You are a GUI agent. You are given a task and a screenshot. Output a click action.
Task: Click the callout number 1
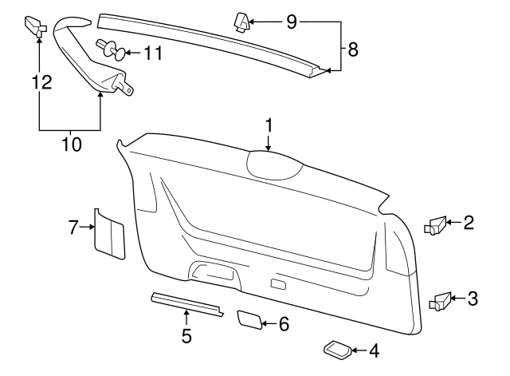pyautogui.click(x=269, y=125)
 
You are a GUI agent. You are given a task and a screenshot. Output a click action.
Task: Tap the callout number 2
pyautogui.click(x=469, y=223)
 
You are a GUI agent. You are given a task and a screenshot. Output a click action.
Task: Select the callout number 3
pyautogui.click(x=473, y=299)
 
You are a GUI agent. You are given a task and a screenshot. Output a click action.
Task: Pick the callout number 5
pyautogui.click(x=186, y=336)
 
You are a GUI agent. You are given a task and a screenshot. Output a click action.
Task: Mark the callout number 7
pyautogui.click(x=73, y=228)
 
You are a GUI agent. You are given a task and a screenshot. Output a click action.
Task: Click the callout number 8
pyautogui.click(x=353, y=49)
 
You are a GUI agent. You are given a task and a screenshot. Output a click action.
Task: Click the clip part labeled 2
pyautogui.click(x=437, y=225)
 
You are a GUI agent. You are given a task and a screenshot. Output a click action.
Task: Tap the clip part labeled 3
pyautogui.click(x=440, y=300)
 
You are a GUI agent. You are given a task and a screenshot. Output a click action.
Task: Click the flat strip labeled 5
pyautogui.click(x=186, y=303)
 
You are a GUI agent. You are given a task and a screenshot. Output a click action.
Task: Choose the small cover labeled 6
pyautogui.click(x=249, y=320)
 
